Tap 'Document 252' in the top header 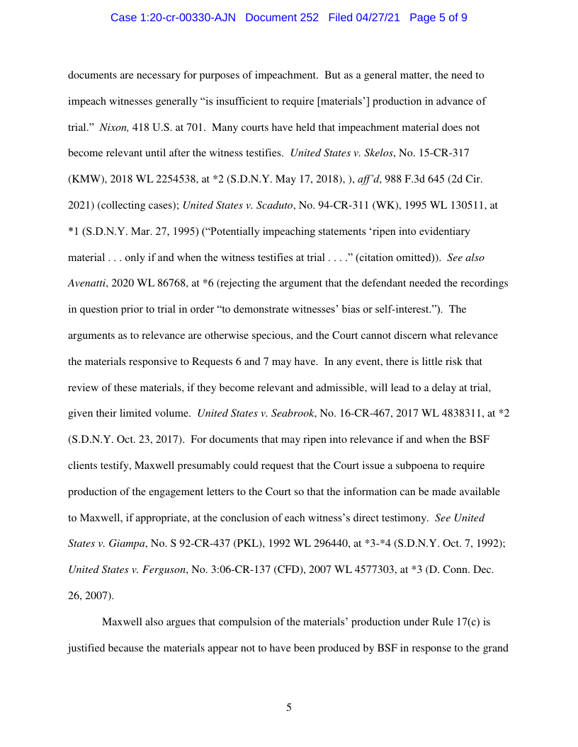[282, 17]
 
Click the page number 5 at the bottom [289, 707]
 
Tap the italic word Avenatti [88, 283]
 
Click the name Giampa [123, 543]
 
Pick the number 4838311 [445, 413]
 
